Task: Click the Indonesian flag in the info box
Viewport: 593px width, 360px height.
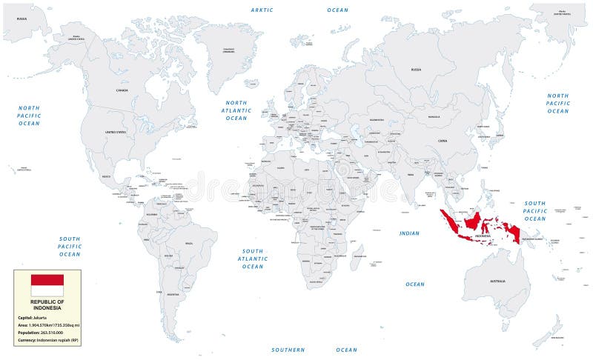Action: click(47, 285)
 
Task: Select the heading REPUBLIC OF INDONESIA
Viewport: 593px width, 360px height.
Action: click(47, 305)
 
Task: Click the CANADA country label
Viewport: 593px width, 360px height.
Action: click(122, 90)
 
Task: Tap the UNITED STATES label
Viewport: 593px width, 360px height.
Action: click(116, 132)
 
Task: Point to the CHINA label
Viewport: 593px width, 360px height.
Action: click(443, 140)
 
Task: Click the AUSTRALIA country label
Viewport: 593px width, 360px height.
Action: click(497, 281)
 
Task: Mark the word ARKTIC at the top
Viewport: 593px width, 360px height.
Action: click(262, 10)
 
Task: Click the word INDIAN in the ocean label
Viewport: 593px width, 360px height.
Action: click(409, 233)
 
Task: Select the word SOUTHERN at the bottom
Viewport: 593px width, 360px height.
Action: click(288, 350)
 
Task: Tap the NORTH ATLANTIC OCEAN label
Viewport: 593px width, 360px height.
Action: click(236, 110)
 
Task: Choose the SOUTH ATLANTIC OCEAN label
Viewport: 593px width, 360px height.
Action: click(252, 259)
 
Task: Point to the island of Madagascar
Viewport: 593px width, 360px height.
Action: click(357, 263)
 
